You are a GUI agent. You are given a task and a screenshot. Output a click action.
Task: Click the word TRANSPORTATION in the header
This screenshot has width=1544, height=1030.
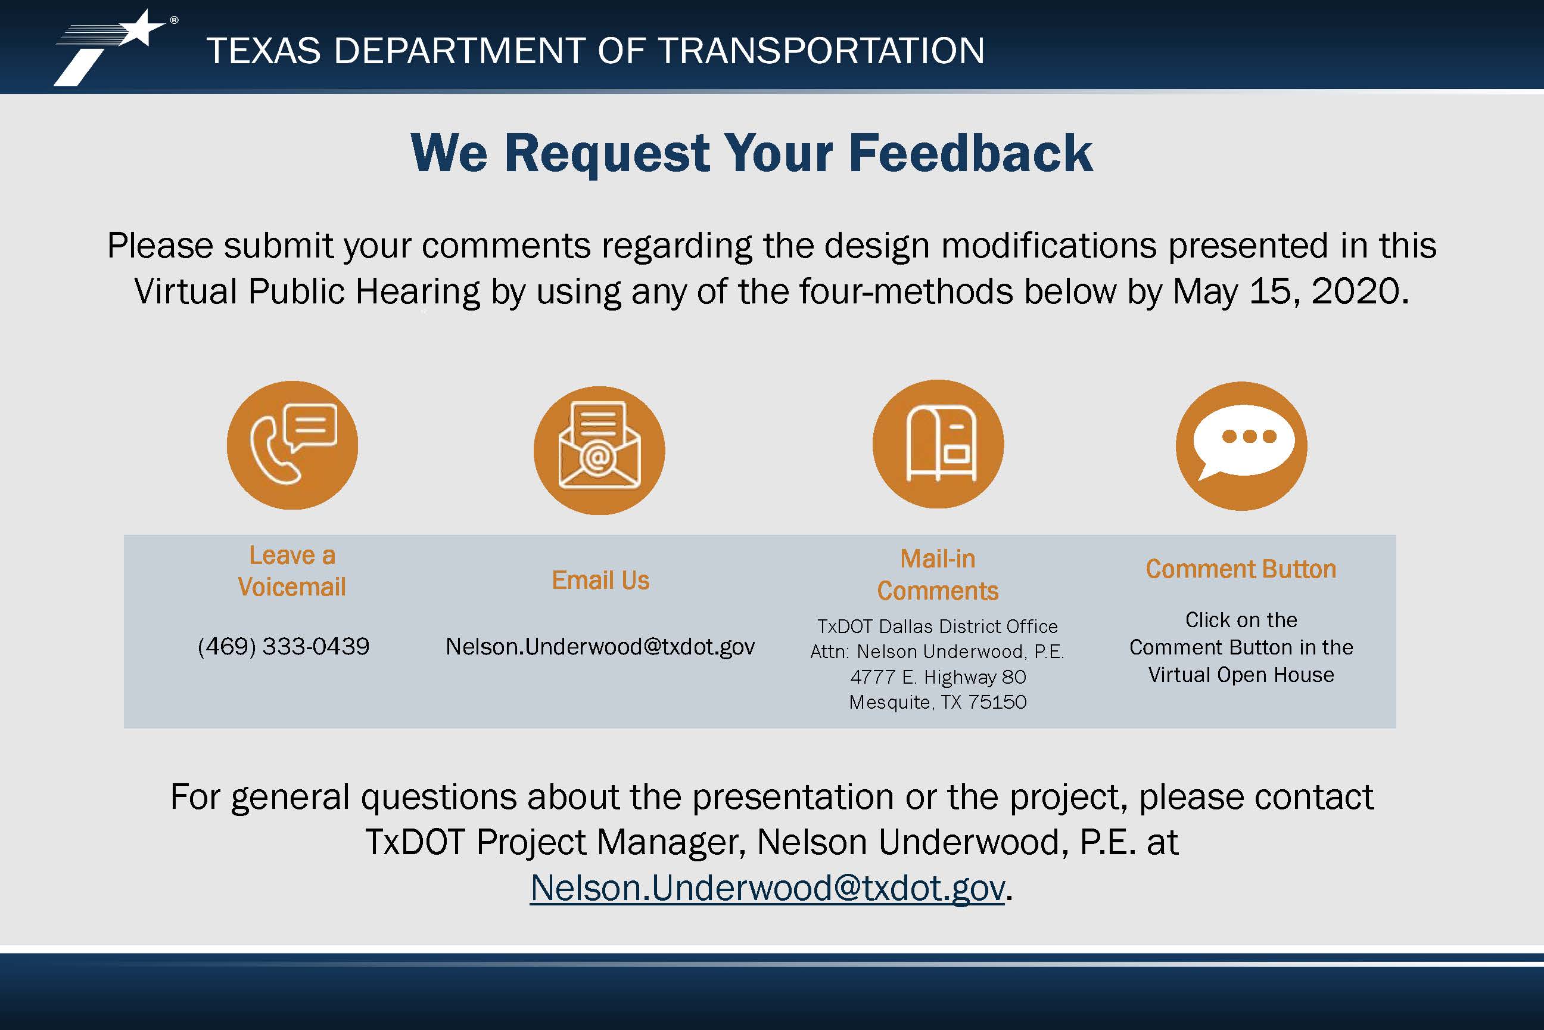click(821, 51)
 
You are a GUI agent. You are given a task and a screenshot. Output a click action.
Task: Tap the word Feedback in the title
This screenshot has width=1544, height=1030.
click(971, 153)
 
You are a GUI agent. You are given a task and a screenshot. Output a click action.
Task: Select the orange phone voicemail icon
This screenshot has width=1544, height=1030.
click(292, 445)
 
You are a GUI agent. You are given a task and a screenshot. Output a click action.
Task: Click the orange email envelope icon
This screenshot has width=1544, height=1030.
click(599, 450)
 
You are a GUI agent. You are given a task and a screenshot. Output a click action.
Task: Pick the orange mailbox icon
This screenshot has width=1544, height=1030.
click(938, 444)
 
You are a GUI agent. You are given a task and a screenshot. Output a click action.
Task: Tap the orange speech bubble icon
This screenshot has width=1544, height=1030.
click(1241, 446)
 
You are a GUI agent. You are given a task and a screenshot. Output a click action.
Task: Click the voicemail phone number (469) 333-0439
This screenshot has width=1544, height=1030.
click(284, 646)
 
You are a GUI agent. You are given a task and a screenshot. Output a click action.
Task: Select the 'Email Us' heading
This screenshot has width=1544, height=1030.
click(600, 581)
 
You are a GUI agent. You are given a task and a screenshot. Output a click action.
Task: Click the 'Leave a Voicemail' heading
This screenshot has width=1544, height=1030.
click(292, 571)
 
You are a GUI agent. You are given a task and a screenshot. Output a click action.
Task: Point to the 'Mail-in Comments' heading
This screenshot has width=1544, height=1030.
click(938, 575)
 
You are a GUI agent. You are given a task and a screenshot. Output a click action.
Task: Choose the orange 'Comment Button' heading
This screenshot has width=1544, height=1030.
click(1241, 569)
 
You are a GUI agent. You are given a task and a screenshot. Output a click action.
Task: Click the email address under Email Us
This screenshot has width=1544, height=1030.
click(600, 647)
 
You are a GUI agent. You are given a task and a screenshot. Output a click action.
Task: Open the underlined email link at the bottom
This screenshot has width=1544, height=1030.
click(767, 888)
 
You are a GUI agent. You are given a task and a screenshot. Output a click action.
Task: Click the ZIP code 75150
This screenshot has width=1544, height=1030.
click(997, 702)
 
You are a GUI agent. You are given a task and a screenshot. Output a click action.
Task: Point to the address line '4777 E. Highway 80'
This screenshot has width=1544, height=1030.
click(938, 677)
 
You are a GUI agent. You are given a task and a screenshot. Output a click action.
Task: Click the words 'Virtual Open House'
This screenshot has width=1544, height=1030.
click(1241, 675)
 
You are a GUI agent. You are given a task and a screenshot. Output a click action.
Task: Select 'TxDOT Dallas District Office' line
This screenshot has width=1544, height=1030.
click(938, 626)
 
